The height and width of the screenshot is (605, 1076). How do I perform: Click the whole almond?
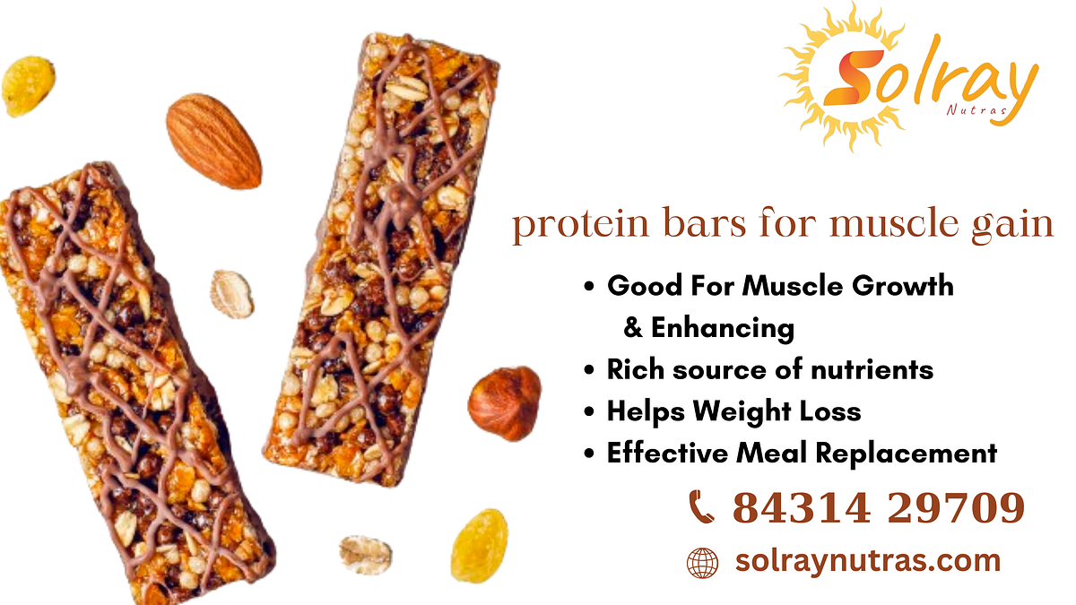(x=213, y=141)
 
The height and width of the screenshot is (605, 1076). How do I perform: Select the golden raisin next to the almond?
(x=28, y=87)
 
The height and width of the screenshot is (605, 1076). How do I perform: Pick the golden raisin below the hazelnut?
(x=479, y=546)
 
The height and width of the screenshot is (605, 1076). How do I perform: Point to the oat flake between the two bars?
(x=232, y=294)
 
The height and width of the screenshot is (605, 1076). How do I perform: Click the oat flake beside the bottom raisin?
(x=365, y=554)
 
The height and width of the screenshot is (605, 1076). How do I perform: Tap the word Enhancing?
(x=723, y=328)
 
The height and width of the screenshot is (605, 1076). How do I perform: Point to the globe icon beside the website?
(x=702, y=563)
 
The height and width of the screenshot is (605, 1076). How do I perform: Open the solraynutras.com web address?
(x=867, y=562)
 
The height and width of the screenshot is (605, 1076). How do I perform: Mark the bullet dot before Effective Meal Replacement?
(x=589, y=454)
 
